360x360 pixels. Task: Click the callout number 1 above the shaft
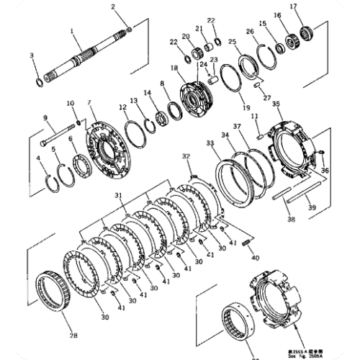point(72,31)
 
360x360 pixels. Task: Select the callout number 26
point(250,32)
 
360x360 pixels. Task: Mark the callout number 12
point(123,108)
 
